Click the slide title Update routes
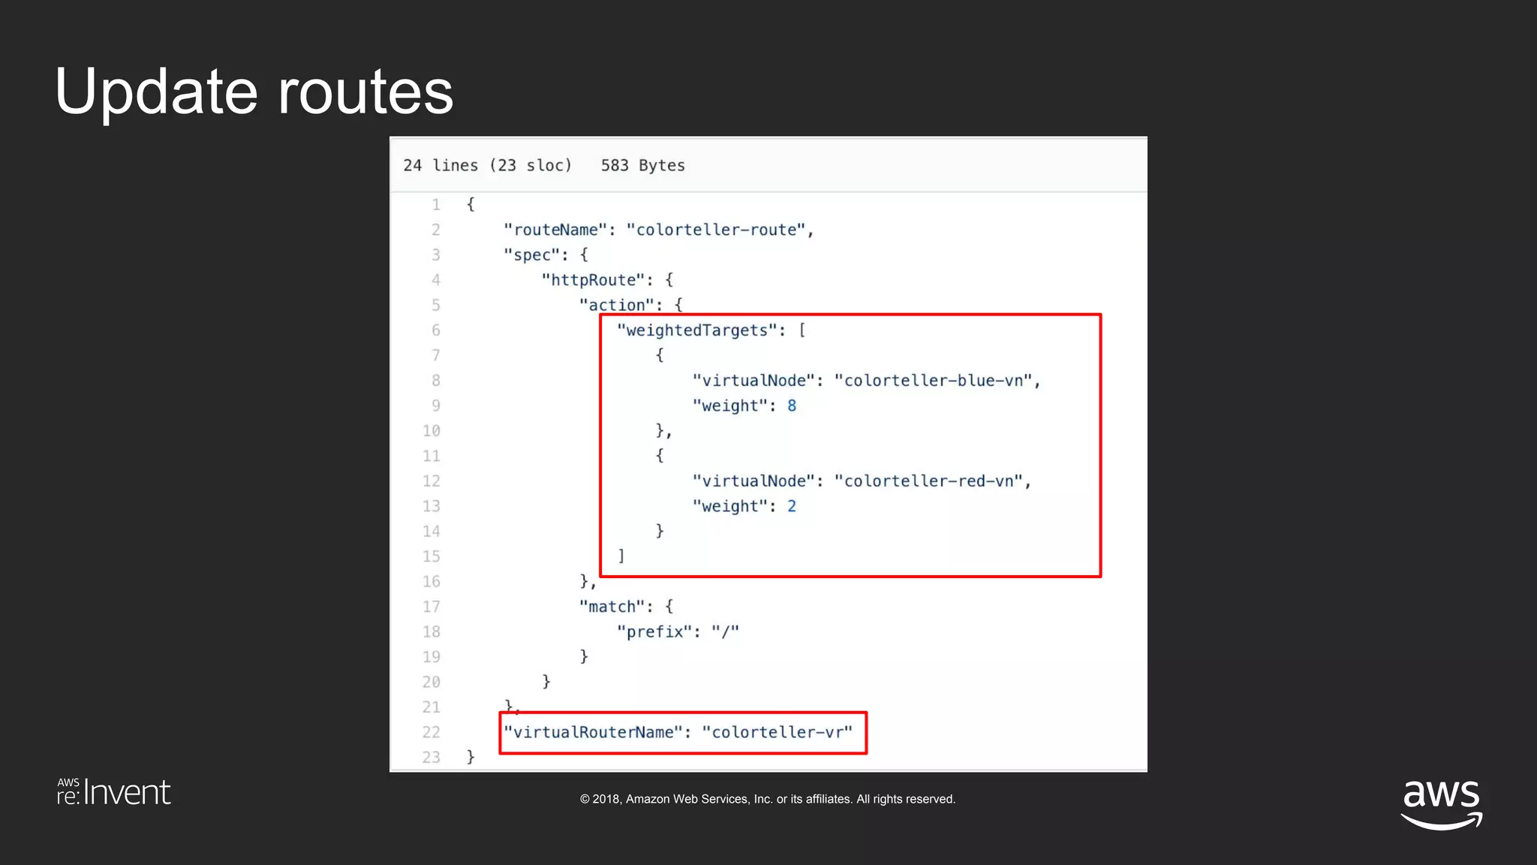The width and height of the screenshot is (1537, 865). tap(254, 92)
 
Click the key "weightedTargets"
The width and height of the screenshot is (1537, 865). tap(696, 330)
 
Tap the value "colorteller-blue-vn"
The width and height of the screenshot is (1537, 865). tap(934, 381)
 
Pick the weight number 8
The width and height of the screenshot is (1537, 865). tap(792, 406)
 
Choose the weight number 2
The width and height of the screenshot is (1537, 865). tap(792, 507)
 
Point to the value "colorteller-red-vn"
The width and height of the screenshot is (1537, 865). tap(929, 481)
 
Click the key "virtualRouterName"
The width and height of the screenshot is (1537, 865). tap(593, 733)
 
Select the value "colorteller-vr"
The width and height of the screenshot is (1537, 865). tap(778, 733)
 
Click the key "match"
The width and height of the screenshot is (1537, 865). tap(612, 607)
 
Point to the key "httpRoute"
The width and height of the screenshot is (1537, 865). tap(593, 280)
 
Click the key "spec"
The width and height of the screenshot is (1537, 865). tap(531, 255)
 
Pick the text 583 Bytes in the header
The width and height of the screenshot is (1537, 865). tap(642, 166)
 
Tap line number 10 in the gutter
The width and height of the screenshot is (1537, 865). tap(431, 431)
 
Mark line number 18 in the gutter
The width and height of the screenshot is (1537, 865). tap(431, 632)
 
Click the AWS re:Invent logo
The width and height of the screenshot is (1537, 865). tap(114, 793)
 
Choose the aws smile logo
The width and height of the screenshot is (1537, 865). tap(1441, 803)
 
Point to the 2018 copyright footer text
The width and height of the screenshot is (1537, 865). tap(767, 800)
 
